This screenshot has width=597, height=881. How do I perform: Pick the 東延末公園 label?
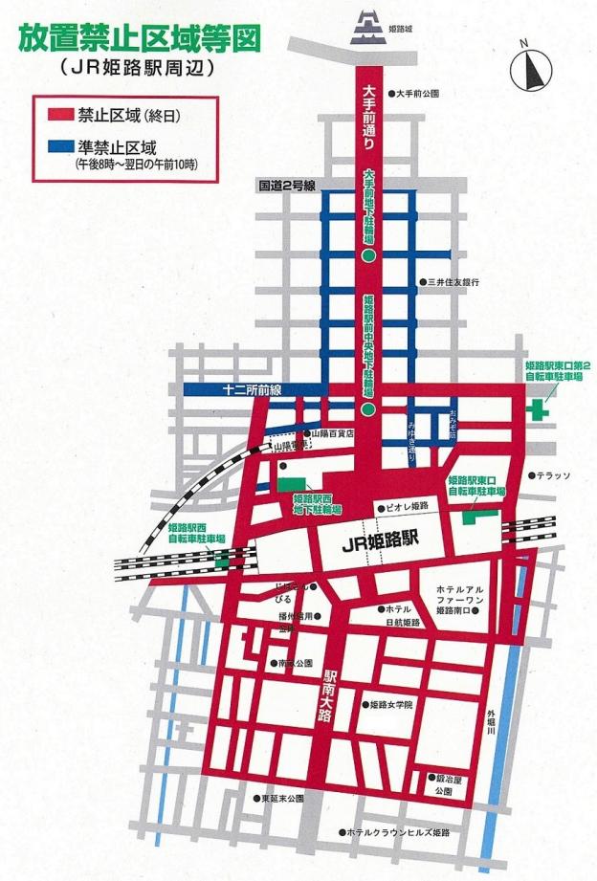279,798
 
